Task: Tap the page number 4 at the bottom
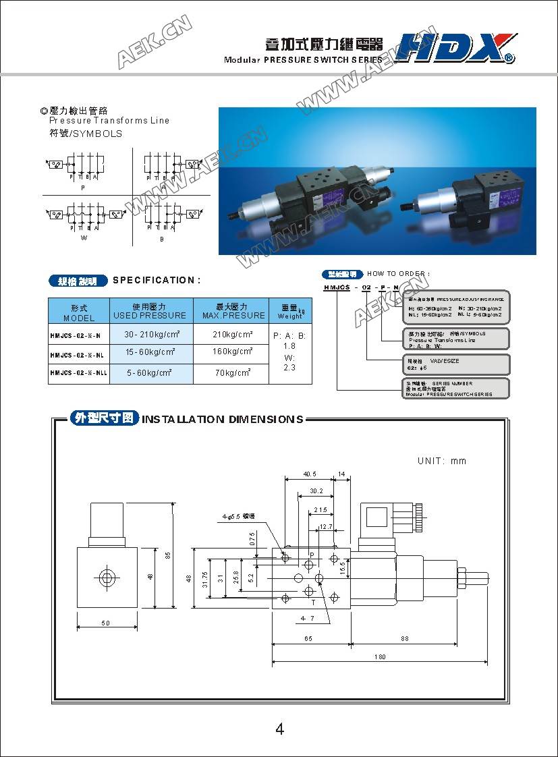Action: tap(279, 729)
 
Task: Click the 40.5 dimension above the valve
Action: tap(310, 474)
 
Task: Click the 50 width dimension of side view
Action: tap(106, 623)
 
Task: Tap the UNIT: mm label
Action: tap(442, 461)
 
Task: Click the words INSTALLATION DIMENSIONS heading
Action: tap(222, 420)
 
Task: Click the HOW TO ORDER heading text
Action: tap(398, 274)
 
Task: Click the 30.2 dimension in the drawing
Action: tap(316, 491)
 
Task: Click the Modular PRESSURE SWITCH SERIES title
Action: tap(303, 60)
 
